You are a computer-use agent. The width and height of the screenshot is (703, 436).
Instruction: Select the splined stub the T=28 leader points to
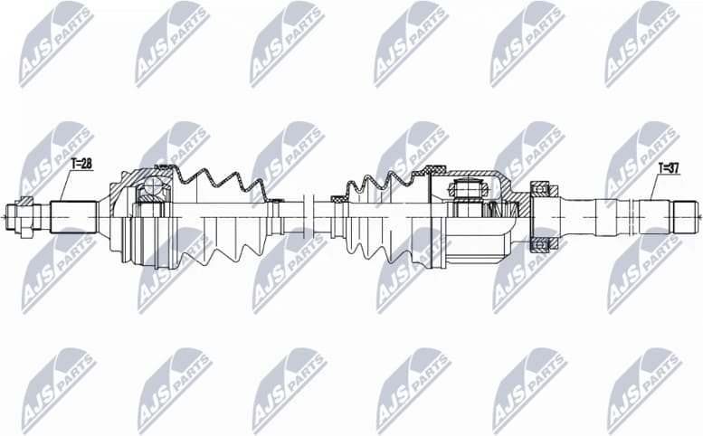click(x=73, y=217)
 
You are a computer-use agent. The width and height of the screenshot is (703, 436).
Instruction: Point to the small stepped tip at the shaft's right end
click(x=685, y=217)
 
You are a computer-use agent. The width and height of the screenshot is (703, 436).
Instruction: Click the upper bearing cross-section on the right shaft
click(x=541, y=189)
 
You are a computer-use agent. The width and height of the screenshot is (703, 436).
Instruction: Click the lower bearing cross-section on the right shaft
click(x=541, y=245)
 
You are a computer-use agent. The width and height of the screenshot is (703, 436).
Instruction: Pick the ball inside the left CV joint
click(x=151, y=190)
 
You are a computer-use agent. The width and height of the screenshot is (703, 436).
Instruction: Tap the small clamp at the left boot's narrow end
click(x=275, y=200)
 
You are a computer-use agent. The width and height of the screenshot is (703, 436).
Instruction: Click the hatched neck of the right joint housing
click(x=516, y=196)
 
